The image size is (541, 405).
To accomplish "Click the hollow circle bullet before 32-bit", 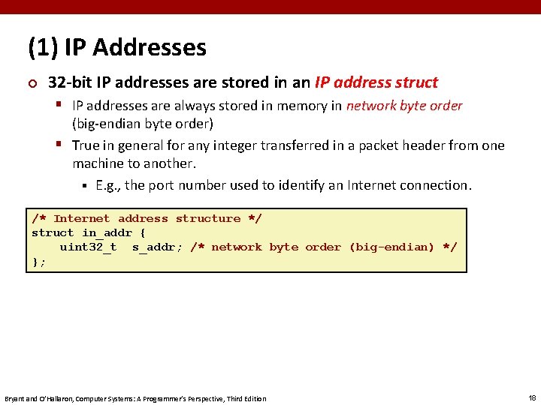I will pyautogui.click(x=32, y=82).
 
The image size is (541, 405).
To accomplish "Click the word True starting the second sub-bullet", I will pyautogui.click(x=86, y=145).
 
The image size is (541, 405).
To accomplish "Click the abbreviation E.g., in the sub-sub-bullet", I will pyautogui.click(x=108, y=185).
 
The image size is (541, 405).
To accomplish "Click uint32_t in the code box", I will pyautogui.click(x=88, y=247).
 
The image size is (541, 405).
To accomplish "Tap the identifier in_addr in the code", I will pyautogui.click(x=107, y=233).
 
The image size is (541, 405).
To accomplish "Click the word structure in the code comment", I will pyautogui.click(x=207, y=219).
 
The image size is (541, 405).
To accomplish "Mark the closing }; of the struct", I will pyautogui.click(x=38, y=262).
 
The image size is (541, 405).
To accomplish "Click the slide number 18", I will pyautogui.click(x=531, y=397).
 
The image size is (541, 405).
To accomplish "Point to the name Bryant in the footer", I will pyautogui.click(x=16, y=398).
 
